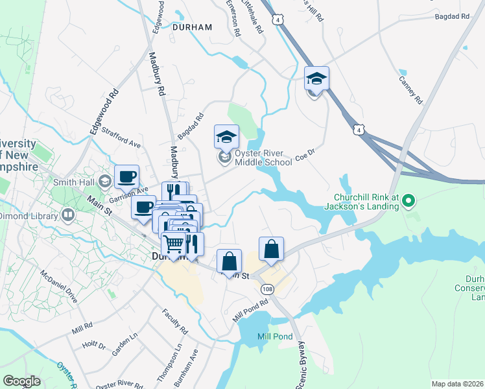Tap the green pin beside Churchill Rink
pos(408,202)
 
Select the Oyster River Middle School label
pos(263,158)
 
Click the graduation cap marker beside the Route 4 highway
pos(316,79)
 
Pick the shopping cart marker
pos(174,244)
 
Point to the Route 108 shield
pos(266,287)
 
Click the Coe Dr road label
pos(305,154)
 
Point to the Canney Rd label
pos(410,91)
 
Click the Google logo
pos(21,381)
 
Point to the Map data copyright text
pos(456,384)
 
